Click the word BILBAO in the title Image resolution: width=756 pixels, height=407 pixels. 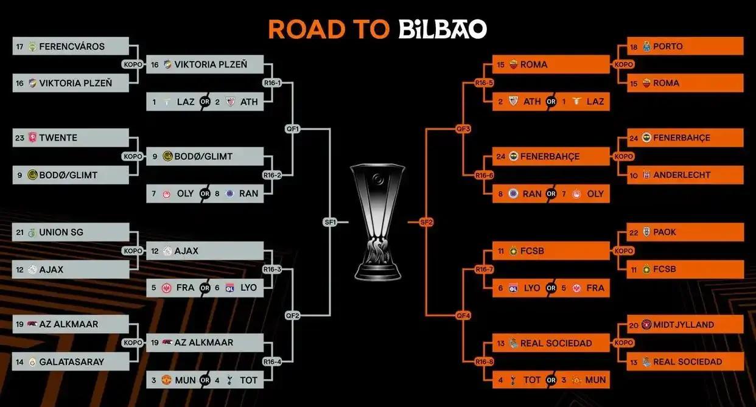[443, 29]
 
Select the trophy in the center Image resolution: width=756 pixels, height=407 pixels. [377, 222]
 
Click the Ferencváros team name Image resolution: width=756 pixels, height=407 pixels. [72, 46]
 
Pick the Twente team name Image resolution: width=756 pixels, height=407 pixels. [58, 137]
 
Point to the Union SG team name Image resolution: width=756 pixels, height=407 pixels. [61, 232]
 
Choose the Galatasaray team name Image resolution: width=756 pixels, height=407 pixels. [72, 361]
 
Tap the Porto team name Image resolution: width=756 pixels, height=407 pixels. [668, 46]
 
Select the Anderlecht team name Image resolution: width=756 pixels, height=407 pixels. [682, 175]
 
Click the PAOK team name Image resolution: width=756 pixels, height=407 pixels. [665, 232]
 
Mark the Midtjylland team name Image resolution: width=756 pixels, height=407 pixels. [684, 325]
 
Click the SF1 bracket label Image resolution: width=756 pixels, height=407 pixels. [331, 223]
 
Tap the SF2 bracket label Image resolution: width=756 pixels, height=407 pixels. [426, 223]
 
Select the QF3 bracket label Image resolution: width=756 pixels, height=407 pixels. [464, 129]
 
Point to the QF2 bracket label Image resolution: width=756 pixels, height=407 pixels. [293, 316]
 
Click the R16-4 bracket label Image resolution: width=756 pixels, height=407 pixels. [272, 362]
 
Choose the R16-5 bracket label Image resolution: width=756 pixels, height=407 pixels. [484, 83]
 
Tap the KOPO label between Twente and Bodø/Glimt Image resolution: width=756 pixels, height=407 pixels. [133, 156]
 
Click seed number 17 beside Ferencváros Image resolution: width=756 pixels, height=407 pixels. [20, 46]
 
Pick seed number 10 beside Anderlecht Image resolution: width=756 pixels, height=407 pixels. [634, 175]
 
